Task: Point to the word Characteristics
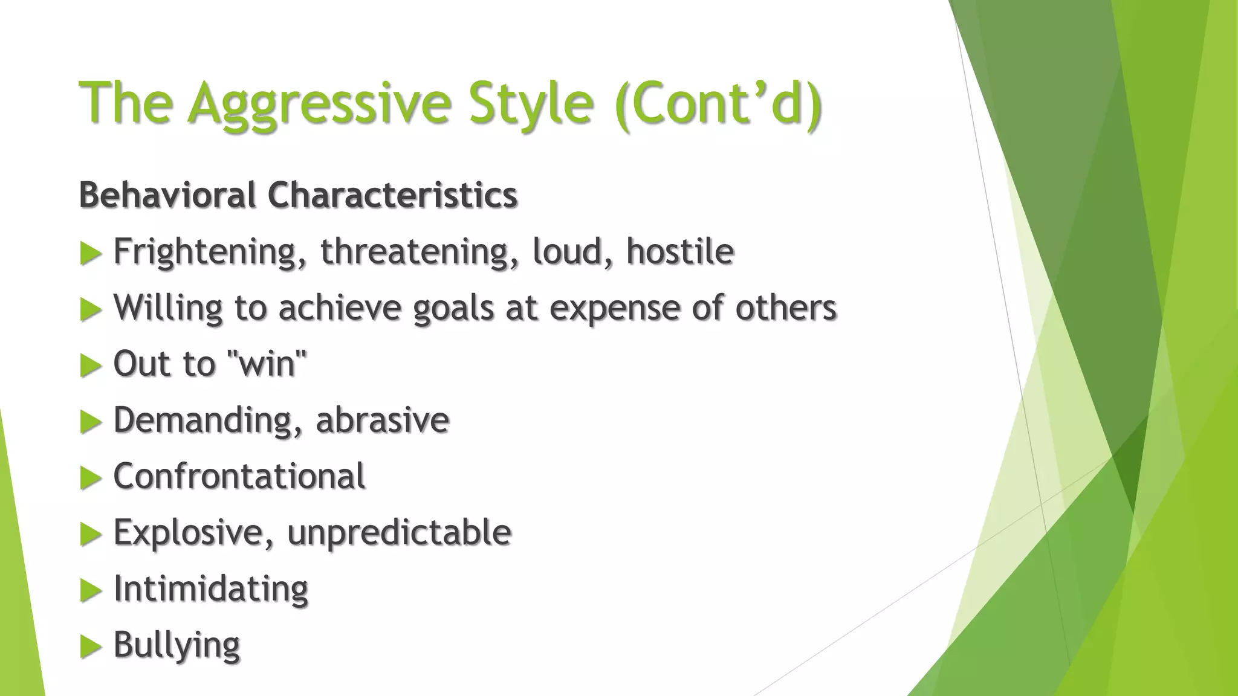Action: click(x=392, y=195)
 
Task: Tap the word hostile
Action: click(x=680, y=251)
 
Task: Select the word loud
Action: click(x=568, y=251)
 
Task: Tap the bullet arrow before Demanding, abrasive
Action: click(x=91, y=422)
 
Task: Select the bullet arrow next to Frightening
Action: click(x=91, y=253)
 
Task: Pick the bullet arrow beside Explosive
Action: click(x=91, y=534)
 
